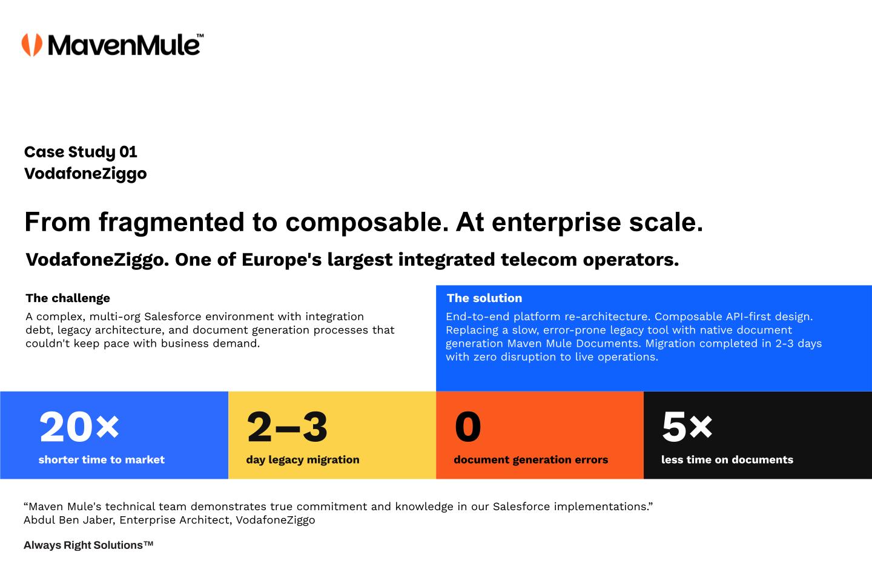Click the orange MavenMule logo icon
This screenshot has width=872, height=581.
pyautogui.click(x=32, y=45)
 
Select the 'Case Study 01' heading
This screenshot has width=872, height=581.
pyautogui.click(x=81, y=152)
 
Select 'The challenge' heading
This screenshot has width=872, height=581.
pyautogui.click(x=68, y=298)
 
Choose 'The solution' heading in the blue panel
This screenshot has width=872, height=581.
pyautogui.click(x=484, y=298)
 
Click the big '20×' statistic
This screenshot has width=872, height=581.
pyautogui.click(x=79, y=427)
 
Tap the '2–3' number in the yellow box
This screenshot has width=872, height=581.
pyautogui.click(x=287, y=427)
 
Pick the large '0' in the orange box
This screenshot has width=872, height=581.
pyautogui.click(x=468, y=427)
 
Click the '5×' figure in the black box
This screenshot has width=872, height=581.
pyautogui.click(x=687, y=427)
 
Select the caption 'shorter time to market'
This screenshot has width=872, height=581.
pyautogui.click(x=102, y=459)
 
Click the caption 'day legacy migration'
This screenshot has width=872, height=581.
pyautogui.click(x=303, y=460)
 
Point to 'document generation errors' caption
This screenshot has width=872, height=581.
pyautogui.click(x=531, y=460)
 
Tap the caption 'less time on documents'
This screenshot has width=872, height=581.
pyautogui.click(x=727, y=459)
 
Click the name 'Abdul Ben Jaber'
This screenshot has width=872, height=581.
pyautogui.click(x=68, y=520)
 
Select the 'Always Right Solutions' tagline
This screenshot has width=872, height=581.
pyautogui.click(x=88, y=545)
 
